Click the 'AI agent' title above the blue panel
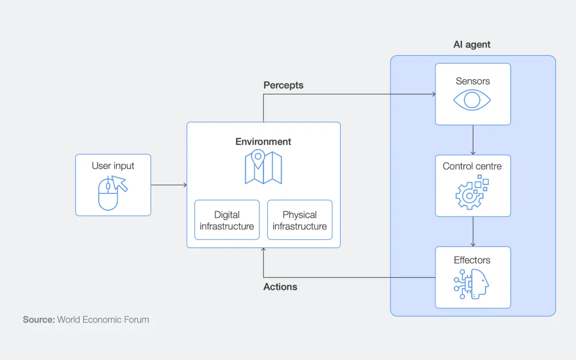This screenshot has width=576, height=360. (x=472, y=45)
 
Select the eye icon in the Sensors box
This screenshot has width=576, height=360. (x=472, y=100)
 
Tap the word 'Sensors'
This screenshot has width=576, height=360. (x=473, y=81)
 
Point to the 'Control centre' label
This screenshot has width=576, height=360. (x=472, y=167)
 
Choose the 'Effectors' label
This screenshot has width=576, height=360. (x=472, y=260)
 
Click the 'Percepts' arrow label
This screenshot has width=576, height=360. (x=283, y=85)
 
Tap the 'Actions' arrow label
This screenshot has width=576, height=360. (x=280, y=287)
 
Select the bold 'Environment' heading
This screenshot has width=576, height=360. (x=263, y=142)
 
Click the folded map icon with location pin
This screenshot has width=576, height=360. (x=263, y=167)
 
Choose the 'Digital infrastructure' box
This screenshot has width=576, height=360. (x=227, y=220)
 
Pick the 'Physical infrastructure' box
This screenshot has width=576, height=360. (x=300, y=220)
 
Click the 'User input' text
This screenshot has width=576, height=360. (x=113, y=166)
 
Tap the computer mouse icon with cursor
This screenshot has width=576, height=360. (x=112, y=192)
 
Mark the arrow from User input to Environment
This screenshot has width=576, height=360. (x=169, y=185)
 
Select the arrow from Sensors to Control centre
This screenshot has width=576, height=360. (x=473, y=140)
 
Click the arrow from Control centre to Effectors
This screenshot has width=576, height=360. (x=473, y=231)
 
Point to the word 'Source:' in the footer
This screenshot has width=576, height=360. (x=39, y=320)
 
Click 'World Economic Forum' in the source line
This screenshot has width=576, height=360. (x=103, y=320)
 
